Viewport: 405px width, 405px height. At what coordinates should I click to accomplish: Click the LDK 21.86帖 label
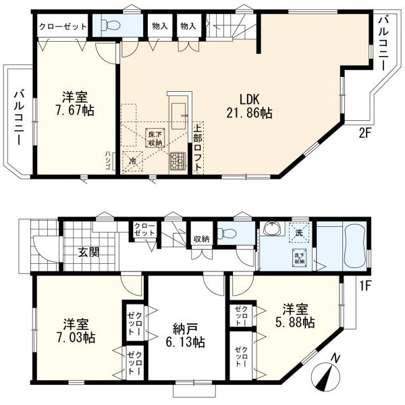click(x=249, y=106)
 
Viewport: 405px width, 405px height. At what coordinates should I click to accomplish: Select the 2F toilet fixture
click(x=111, y=25)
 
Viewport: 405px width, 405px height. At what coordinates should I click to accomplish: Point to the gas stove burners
click(x=178, y=161)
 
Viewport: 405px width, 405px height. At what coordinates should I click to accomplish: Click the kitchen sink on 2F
click(x=178, y=116)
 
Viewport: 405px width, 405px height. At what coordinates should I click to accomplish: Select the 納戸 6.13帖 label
click(x=185, y=335)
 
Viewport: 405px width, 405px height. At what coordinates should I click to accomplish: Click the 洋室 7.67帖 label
click(x=75, y=104)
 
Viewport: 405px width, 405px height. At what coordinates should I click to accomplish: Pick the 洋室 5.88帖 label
click(x=295, y=316)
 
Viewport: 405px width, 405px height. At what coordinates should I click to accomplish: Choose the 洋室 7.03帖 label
click(x=76, y=331)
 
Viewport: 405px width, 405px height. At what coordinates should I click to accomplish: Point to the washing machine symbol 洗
click(x=299, y=234)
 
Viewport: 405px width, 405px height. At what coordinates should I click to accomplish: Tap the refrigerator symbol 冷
click(x=132, y=162)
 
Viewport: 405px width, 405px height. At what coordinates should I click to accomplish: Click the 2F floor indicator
click(x=364, y=134)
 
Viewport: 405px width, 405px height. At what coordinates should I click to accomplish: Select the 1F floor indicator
click(x=365, y=286)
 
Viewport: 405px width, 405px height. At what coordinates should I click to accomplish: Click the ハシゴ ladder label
click(x=108, y=161)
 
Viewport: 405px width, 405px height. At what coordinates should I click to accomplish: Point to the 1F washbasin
click(x=273, y=229)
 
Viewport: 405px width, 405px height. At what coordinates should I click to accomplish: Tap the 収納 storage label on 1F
click(x=202, y=239)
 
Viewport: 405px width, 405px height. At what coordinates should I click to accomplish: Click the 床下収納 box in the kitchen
click(x=155, y=138)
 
